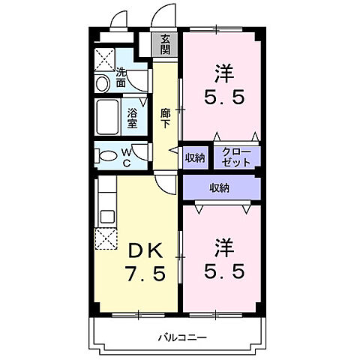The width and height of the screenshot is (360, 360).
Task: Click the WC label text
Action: coord(127,157)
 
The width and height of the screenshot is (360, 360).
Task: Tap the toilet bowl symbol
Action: coord(108,157)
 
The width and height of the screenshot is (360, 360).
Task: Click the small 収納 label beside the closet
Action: coord(195,157)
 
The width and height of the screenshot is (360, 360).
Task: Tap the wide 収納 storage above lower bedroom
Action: coord(219,187)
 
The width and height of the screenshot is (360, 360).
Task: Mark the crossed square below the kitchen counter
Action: coord(104,239)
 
